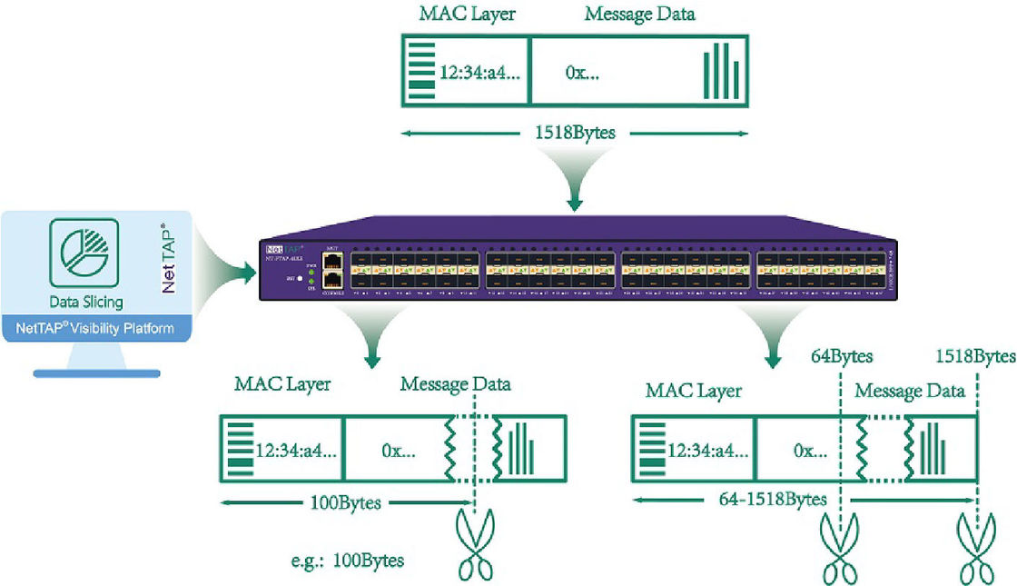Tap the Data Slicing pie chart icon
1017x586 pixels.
tap(90, 250)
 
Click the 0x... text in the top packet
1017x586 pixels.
tap(582, 73)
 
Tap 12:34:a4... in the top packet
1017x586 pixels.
tap(479, 73)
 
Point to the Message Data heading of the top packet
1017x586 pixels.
tap(640, 15)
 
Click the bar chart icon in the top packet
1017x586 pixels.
tap(722, 70)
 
